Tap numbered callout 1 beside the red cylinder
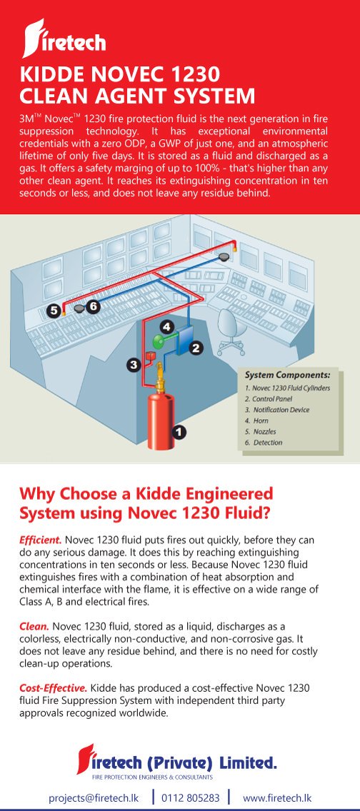tap(179, 431)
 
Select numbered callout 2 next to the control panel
tap(196, 348)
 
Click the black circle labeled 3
tap(134, 365)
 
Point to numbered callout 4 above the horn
tap(166, 326)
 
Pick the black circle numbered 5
tap(54, 311)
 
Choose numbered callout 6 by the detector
tap(93, 306)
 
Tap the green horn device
tap(158, 340)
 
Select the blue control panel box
tap(184, 341)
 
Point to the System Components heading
tap(287, 375)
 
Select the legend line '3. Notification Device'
tap(277, 410)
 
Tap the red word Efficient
tap(40, 540)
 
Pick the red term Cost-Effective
tap(54, 688)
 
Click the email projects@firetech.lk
tap(95, 798)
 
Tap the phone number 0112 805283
tap(190, 798)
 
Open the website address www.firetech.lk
tap(277, 798)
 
